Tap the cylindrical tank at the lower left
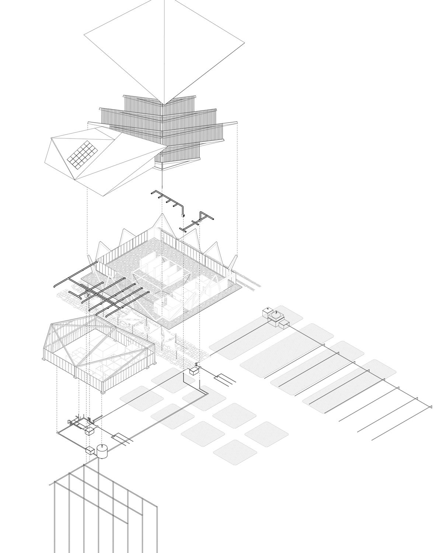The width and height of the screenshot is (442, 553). click(x=102, y=451)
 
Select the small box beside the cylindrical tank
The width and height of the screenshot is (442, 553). click(x=90, y=450)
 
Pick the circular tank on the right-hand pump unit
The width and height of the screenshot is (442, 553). click(x=276, y=316)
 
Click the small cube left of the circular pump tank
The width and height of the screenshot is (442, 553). click(x=267, y=313)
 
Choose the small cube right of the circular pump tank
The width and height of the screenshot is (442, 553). click(x=284, y=324)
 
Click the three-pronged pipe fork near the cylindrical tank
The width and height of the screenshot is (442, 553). click(x=123, y=437)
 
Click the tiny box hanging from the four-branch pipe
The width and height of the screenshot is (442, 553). click(x=182, y=215)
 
